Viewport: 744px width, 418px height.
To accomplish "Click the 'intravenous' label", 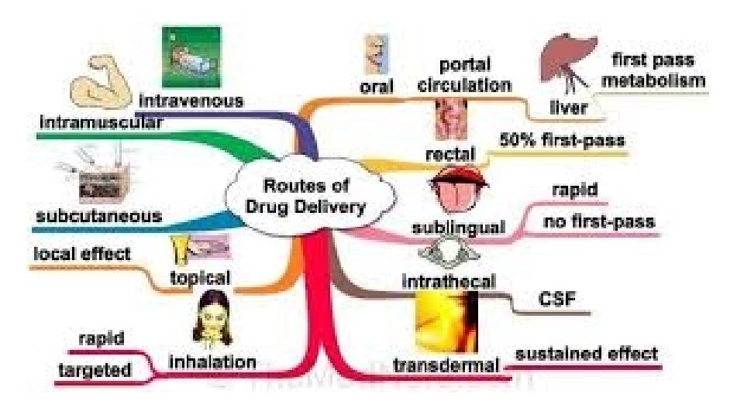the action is pos(191,101).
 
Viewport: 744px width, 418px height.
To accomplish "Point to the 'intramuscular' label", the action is pos(101,122).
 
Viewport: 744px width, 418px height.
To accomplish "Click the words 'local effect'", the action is pos(82,253).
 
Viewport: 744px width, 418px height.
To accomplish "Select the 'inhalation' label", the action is pos(212,361).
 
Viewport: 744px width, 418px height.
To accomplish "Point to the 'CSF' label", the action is pos(556,298).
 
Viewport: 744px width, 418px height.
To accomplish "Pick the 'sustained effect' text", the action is pos(587,354).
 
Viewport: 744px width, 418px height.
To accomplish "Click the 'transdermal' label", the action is pos(445,365).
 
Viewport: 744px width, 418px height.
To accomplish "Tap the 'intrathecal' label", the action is pos(448,280).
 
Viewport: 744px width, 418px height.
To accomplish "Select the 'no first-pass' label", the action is pos(598,222).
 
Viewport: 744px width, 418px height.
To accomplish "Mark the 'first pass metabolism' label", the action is pos(654,70).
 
